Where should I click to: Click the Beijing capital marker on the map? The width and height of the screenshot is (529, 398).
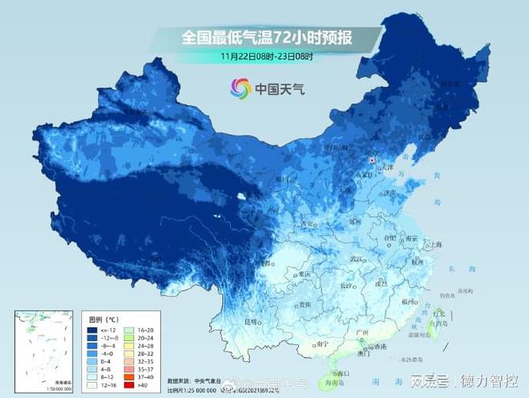coord(372,160)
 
